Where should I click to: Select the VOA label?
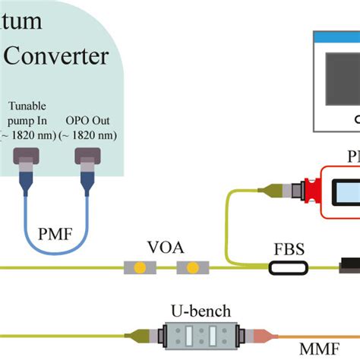click(165, 248)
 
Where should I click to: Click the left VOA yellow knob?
click(140, 268)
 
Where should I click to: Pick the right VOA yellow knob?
click(192, 268)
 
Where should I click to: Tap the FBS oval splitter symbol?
click(288, 268)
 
